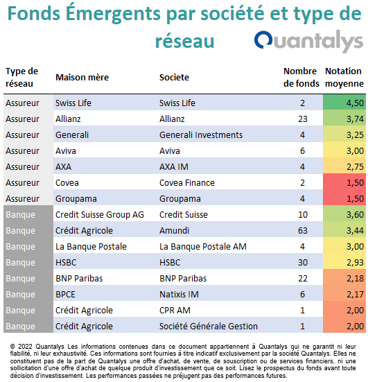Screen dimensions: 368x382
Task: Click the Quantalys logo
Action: click(308, 41)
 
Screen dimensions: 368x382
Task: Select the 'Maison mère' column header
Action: click(82, 78)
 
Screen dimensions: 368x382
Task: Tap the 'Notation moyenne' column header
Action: click(344, 77)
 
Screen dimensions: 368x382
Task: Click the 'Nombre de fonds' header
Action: click(301, 77)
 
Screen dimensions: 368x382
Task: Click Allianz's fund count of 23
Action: click(302, 119)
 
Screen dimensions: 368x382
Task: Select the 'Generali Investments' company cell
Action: click(201, 135)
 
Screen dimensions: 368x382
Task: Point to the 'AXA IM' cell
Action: click(174, 167)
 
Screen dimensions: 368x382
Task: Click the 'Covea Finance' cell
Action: click(187, 183)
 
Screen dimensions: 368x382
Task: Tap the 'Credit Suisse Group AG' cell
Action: click(100, 215)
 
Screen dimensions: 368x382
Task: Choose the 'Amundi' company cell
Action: click(174, 231)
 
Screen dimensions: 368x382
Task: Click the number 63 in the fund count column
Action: click(302, 231)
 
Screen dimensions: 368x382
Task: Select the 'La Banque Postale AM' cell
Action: click(203, 247)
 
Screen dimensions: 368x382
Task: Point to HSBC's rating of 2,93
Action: click(355, 263)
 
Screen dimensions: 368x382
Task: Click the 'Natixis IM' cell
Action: click(179, 295)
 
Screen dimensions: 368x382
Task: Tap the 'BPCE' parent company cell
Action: click(65, 295)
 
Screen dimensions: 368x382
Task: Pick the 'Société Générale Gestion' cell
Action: click(209, 327)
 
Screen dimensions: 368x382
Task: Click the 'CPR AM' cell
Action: click(175, 311)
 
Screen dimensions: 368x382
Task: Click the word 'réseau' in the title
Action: click(184, 41)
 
